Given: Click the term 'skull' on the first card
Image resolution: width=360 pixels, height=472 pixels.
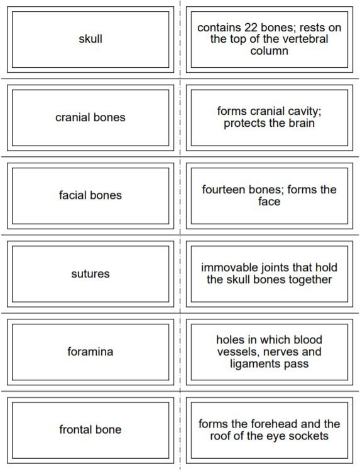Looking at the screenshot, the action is tap(90, 39).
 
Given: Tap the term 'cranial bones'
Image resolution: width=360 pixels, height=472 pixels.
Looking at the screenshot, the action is tap(90, 117).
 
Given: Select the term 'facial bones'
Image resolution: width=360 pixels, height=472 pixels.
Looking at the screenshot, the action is tap(90, 195).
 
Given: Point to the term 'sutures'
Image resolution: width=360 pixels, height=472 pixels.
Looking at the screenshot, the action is tap(90, 274).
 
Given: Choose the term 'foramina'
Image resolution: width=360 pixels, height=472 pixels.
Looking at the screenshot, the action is tap(90, 351).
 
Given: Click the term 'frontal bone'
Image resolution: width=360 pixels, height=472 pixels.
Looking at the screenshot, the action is tap(90, 430).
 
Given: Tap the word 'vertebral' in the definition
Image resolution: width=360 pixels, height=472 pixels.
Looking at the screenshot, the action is tap(304, 39).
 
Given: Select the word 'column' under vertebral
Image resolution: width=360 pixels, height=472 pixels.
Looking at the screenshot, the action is tap(269, 51).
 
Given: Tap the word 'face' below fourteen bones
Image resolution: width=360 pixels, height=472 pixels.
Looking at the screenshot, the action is tap(269, 201).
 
